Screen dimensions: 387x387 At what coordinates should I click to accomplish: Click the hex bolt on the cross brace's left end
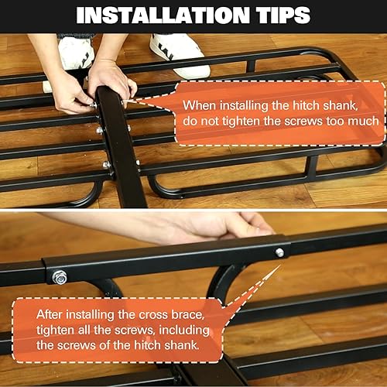(x=59, y=276)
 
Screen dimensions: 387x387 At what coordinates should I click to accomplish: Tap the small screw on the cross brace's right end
(x=279, y=252)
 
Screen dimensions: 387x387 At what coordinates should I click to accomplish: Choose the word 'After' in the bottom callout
(x=51, y=314)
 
